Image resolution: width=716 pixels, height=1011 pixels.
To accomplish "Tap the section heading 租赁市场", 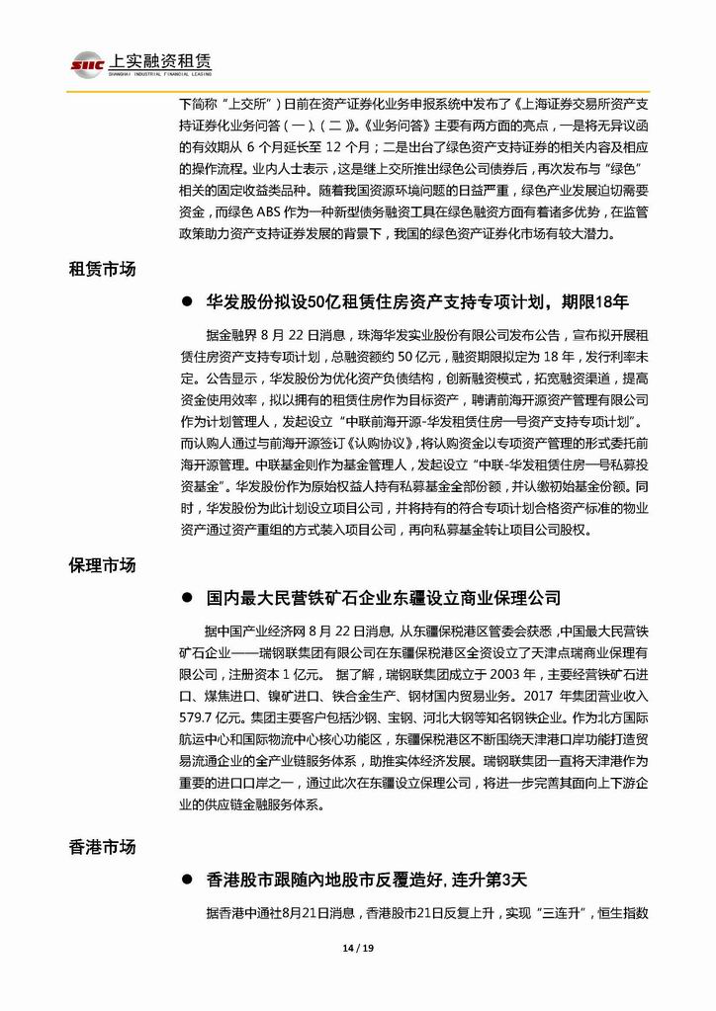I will (102, 269).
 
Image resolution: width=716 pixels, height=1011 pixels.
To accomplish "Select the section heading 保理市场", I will (102, 565).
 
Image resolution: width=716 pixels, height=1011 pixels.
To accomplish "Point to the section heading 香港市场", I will (102, 847).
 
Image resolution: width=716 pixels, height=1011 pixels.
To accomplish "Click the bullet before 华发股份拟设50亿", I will (187, 301).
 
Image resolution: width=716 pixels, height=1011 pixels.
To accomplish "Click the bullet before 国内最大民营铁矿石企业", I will (187, 598).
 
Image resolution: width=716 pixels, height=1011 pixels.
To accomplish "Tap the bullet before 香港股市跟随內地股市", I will (187, 879).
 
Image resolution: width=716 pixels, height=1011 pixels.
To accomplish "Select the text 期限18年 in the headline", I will (595, 300).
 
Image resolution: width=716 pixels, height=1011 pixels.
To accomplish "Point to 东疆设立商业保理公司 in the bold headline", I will (477, 598).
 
